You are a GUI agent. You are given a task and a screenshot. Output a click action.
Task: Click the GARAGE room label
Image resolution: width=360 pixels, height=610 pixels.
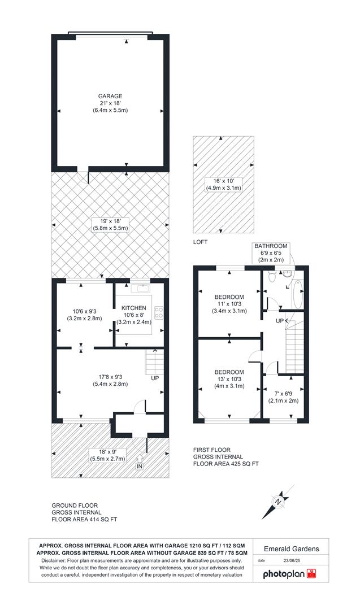pyautogui.click(x=110, y=96)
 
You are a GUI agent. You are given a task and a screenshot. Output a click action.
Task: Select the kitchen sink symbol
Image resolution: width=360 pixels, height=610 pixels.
pyautogui.click(x=140, y=289)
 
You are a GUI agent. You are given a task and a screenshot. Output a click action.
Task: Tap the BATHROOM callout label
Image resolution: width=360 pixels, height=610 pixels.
pyautogui.click(x=271, y=246)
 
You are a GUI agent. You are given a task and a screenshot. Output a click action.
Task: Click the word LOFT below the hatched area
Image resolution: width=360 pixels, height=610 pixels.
pyautogui.click(x=201, y=242)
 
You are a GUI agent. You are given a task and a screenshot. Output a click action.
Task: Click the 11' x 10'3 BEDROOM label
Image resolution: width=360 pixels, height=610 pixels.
pyautogui.click(x=229, y=297)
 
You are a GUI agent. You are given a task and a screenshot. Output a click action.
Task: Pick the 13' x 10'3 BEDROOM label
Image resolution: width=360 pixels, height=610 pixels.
pyautogui.click(x=229, y=372)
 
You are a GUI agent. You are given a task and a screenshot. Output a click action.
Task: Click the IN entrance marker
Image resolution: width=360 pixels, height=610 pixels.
pyautogui.click(x=140, y=466)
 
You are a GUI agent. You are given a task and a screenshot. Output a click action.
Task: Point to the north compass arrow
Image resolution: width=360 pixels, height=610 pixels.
pyautogui.click(x=277, y=501)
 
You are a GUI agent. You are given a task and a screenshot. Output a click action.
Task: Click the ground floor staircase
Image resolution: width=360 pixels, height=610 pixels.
pyautogui.click(x=154, y=362)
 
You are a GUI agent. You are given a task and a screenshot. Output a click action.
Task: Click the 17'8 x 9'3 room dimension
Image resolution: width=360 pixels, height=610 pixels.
pyautogui.click(x=110, y=380)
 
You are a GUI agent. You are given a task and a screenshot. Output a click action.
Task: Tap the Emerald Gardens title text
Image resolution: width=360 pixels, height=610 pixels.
pyautogui.click(x=292, y=548)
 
